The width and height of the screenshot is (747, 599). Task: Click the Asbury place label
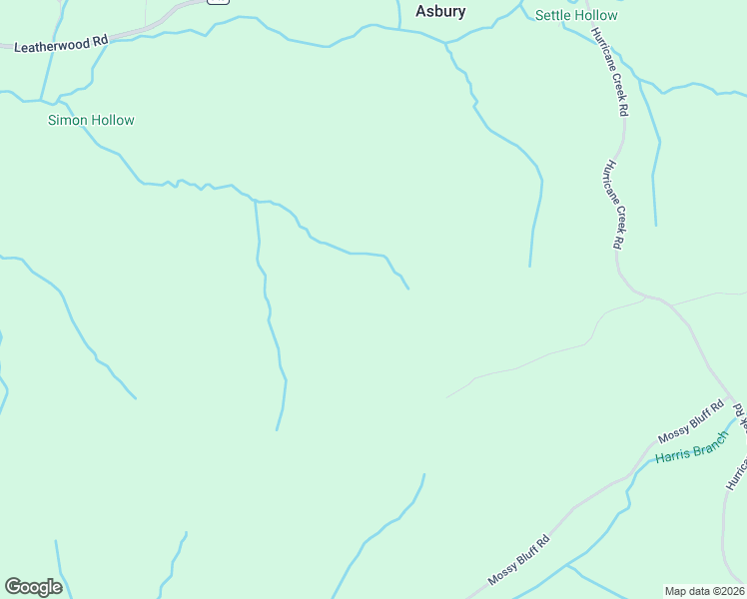click(x=440, y=12)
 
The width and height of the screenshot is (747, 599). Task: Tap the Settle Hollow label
click(x=576, y=15)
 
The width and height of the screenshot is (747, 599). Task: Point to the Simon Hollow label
click(x=91, y=121)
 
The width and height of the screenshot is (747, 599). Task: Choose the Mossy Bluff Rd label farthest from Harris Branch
click(x=519, y=561)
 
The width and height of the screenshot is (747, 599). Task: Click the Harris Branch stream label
click(x=692, y=451)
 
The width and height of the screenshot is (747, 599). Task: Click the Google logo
click(x=33, y=587)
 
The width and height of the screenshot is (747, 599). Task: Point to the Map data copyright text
click(x=704, y=591)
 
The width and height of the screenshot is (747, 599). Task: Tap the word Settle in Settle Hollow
click(x=553, y=15)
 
